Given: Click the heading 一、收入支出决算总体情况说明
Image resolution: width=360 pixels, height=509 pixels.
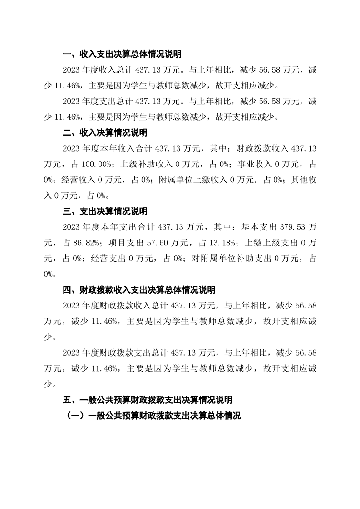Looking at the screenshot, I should point(122,55).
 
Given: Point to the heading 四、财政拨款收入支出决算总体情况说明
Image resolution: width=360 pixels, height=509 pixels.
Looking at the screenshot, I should point(138,289).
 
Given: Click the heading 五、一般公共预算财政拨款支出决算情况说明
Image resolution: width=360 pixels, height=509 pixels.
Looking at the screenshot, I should point(148,400).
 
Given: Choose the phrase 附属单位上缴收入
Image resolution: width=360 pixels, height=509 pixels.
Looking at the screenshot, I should point(195,180).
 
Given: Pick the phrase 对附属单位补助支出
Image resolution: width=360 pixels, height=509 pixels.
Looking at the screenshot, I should point(224,259).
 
